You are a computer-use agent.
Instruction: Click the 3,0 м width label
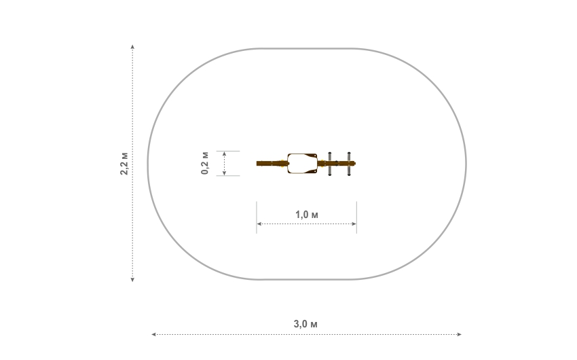(x=305, y=324)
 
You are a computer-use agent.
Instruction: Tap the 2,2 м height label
(x=124, y=163)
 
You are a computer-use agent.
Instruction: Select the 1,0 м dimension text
(x=307, y=215)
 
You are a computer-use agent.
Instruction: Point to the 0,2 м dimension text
(x=205, y=163)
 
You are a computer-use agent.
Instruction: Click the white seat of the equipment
(x=302, y=164)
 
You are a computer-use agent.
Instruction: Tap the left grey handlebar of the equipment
(x=330, y=164)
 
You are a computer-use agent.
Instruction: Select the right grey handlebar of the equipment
(x=349, y=164)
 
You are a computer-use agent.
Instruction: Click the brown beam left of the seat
(x=272, y=164)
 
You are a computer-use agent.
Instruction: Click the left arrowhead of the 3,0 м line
(x=154, y=335)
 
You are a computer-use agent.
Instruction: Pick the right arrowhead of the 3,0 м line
(x=460, y=335)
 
